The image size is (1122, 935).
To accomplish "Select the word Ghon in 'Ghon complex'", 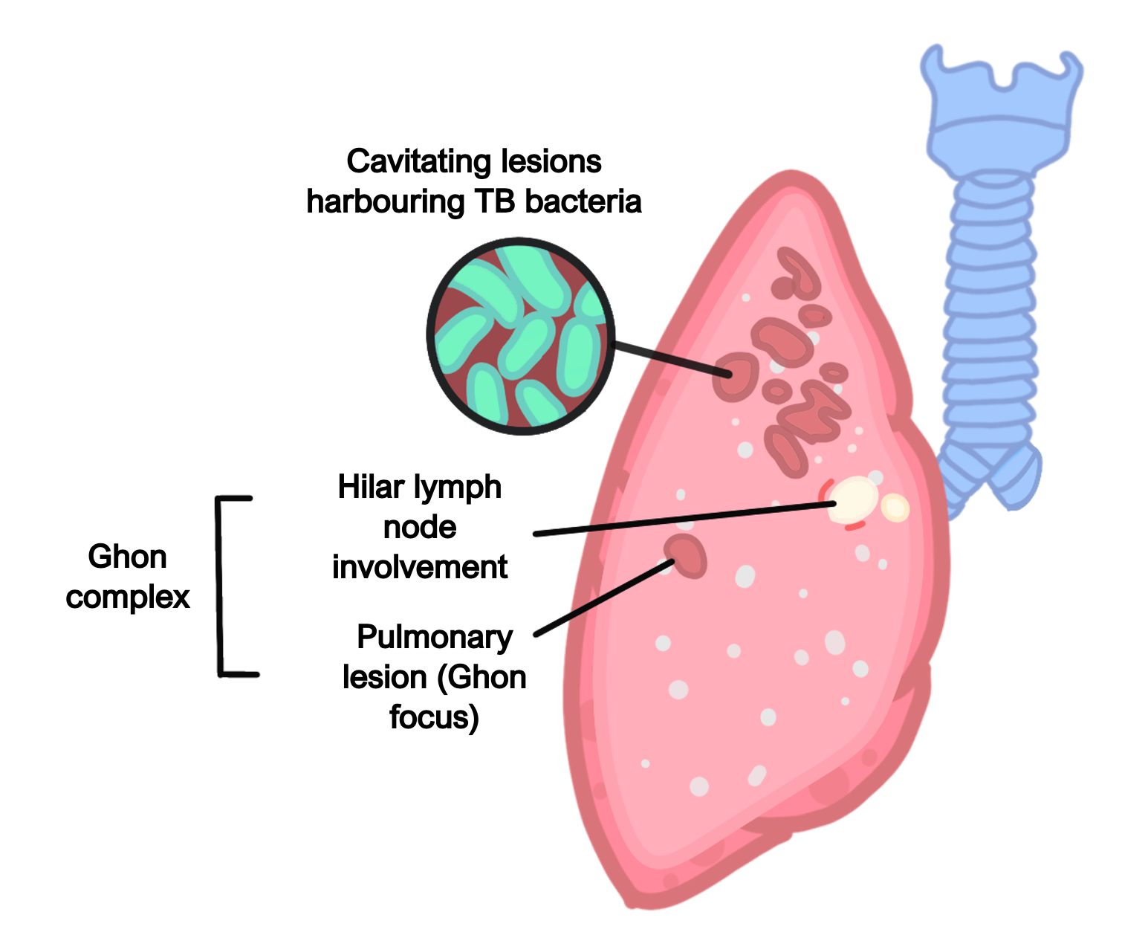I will point(127,557).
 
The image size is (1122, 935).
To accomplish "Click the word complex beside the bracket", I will point(128,597).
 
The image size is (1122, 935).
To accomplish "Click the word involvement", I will point(420,568).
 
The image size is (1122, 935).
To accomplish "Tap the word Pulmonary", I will point(435,638).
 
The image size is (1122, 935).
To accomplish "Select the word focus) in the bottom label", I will point(434,718).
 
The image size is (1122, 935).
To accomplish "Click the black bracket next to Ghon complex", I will point(221,586).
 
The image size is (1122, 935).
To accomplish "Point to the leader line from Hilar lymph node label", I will point(684,518).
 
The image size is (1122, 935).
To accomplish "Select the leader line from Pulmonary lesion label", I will point(602,598).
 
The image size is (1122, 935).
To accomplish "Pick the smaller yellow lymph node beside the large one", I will point(895,508).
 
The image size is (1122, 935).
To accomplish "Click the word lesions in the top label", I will point(551,162).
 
